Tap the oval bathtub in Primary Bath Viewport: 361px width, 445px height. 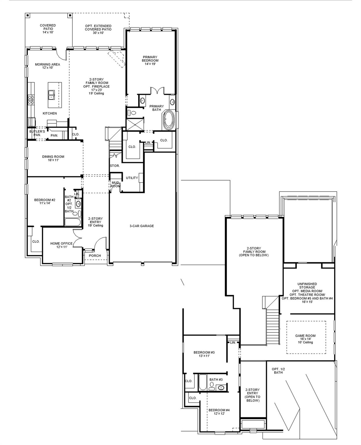click(x=168, y=120)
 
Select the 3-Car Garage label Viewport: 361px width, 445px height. click(x=142, y=226)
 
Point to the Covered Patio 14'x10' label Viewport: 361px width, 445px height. click(x=48, y=29)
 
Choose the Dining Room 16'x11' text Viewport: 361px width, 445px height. click(x=53, y=158)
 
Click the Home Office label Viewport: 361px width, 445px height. click(x=61, y=245)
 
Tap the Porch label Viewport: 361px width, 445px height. click(x=95, y=256)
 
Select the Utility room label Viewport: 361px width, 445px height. click(x=132, y=178)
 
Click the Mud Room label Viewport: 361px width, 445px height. click(x=115, y=184)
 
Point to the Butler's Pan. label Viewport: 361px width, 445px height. click(x=37, y=133)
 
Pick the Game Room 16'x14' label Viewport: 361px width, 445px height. click(x=305, y=339)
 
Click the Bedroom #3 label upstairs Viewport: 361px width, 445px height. click(x=204, y=354)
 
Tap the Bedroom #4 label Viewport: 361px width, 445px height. click(x=219, y=412)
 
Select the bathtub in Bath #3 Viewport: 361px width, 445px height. click(x=202, y=382)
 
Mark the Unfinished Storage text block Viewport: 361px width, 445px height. click(x=307, y=293)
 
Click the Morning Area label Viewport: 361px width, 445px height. click(x=48, y=66)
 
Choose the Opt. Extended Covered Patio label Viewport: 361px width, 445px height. click(x=98, y=29)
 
